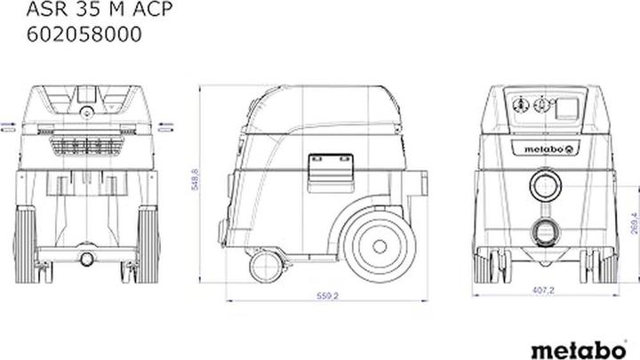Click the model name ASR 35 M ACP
100,9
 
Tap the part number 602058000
84,34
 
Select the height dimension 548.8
195,180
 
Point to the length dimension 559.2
328,296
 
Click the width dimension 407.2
543,290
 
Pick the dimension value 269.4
635,223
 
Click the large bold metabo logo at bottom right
579,350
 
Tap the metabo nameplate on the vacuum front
545,148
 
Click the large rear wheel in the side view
380,246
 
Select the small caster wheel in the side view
266,267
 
